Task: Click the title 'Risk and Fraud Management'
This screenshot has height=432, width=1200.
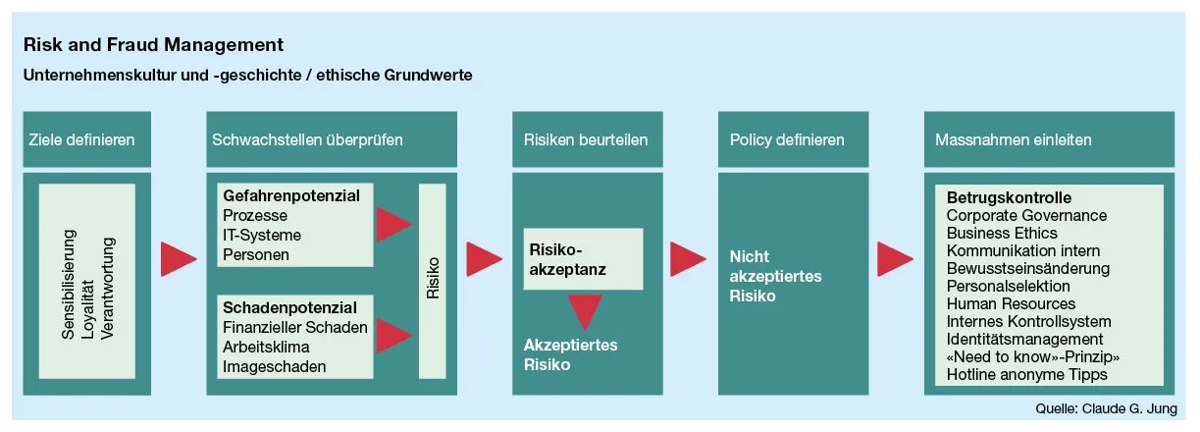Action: click(154, 44)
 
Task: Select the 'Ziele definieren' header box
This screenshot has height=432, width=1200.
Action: click(88, 139)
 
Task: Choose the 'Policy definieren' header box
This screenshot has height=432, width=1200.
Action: click(787, 139)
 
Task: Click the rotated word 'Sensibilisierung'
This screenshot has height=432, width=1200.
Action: click(69, 285)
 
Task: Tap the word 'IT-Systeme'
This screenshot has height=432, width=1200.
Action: click(262, 235)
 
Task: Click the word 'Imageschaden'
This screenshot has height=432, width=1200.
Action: click(275, 367)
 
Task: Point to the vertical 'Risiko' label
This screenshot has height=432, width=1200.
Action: click(433, 280)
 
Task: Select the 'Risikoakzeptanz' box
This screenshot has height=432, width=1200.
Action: click(583, 258)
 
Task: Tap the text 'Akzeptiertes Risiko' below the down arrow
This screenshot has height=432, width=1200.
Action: click(570, 354)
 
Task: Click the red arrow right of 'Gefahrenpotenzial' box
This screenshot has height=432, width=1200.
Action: click(393, 224)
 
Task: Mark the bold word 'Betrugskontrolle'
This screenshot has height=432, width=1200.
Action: click(1009, 197)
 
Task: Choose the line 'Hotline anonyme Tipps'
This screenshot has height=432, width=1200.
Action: click(1026, 374)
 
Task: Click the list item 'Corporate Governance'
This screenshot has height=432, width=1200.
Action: click(1026, 215)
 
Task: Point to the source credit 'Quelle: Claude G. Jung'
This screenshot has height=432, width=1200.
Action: click(1106, 408)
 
